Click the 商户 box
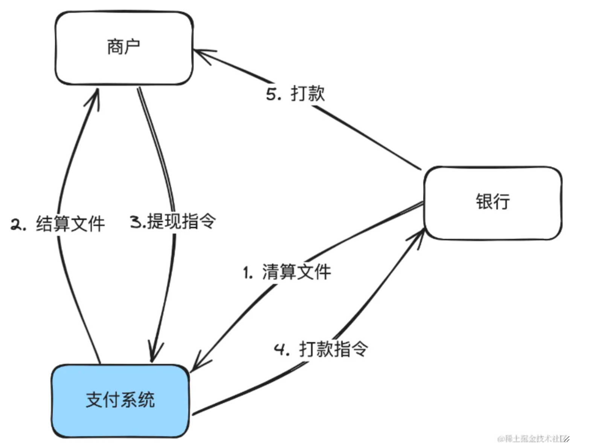click(124, 48)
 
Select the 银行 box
click(493, 203)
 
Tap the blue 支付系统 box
click(120, 400)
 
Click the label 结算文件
click(70, 224)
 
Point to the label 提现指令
click(182, 221)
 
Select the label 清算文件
click(296, 272)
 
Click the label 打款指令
click(333, 349)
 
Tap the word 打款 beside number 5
click(308, 93)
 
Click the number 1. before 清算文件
click(247, 273)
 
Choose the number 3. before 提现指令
click(137, 222)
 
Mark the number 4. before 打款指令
click(281, 350)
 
